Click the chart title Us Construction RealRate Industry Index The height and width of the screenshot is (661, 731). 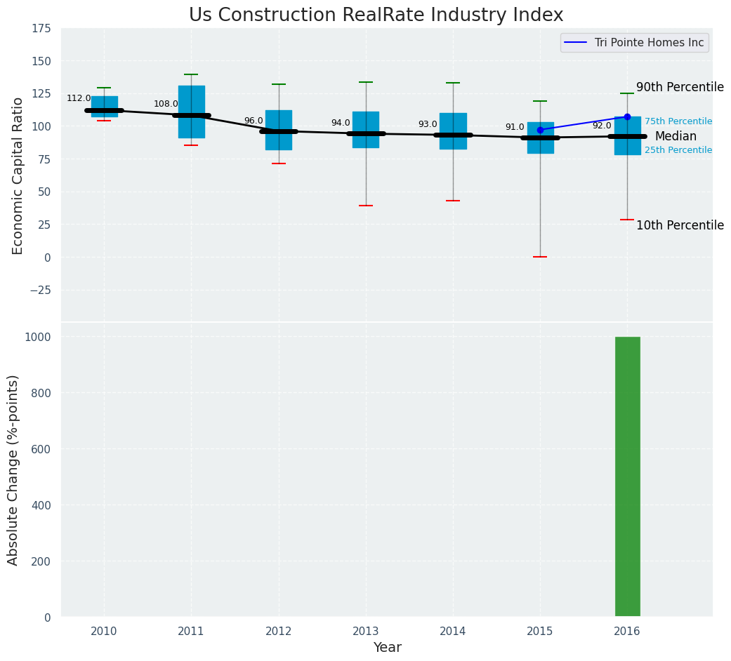(x=376, y=15)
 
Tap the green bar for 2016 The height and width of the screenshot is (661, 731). (x=627, y=476)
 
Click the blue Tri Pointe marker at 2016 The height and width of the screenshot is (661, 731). (x=627, y=116)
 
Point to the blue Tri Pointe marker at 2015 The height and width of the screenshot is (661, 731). (x=540, y=130)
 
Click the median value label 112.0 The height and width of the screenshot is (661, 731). (x=79, y=99)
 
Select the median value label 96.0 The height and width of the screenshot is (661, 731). (x=253, y=121)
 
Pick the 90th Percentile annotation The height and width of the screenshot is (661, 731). (x=680, y=88)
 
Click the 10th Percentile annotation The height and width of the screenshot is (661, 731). (x=680, y=225)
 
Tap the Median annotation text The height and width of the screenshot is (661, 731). (x=676, y=137)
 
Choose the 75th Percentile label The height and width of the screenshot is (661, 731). (x=678, y=122)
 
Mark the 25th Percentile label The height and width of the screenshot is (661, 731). (x=678, y=150)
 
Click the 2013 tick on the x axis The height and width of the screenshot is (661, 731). (x=366, y=632)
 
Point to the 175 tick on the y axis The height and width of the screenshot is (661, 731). (x=41, y=28)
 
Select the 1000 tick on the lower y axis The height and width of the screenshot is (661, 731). (x=37, y=337)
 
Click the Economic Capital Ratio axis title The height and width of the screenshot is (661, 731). (x=18, y=175)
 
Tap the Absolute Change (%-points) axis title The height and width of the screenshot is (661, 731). (x=13, y=469)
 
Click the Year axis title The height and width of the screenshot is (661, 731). (x=387, y=648)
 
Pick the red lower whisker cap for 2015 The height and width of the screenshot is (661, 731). (x=540, y=257)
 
